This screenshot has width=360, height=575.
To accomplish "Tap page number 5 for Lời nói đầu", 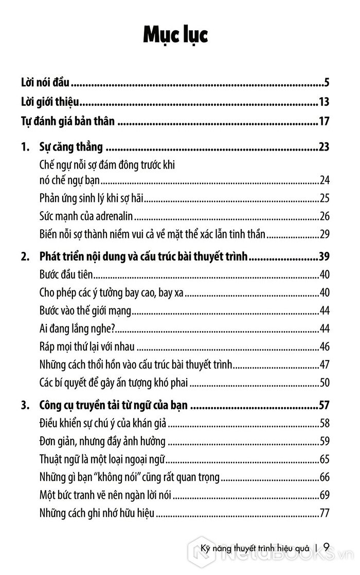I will pyautogui.click(x=326, y=82).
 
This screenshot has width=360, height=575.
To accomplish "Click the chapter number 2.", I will pyautogui.click(x=25, y=256).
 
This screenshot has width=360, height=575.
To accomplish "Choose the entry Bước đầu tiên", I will pyautogui.click(x=65, y=274).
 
